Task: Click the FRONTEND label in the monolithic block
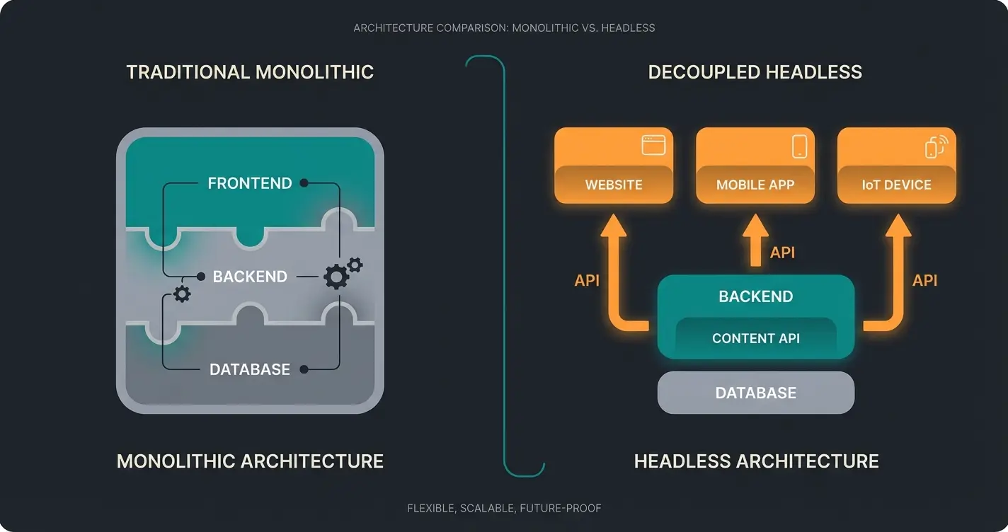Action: pos(249,183)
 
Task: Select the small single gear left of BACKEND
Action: pos(182,294)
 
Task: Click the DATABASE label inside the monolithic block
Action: pos(249,369)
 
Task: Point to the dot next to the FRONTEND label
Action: pos(304,183)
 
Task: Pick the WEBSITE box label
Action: pos(614,185)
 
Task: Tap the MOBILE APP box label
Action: pos(755,185)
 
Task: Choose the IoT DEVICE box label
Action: pos(896,185)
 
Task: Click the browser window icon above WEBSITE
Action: pos(653,145)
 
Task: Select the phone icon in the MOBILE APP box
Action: pos(799,146)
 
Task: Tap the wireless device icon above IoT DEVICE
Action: pos(936,146)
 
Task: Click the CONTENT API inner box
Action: pos(755,338)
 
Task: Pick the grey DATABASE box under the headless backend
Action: pos(755,393)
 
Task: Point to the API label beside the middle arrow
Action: pos(782,253)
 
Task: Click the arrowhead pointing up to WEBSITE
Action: pos(613,226)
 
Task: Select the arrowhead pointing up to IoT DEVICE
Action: pos(898,226)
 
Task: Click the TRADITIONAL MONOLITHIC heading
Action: pos(249,72)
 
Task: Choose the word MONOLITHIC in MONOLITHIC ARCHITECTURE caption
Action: pos(176,461)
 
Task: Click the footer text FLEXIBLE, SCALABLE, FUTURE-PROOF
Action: pos(504,508)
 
